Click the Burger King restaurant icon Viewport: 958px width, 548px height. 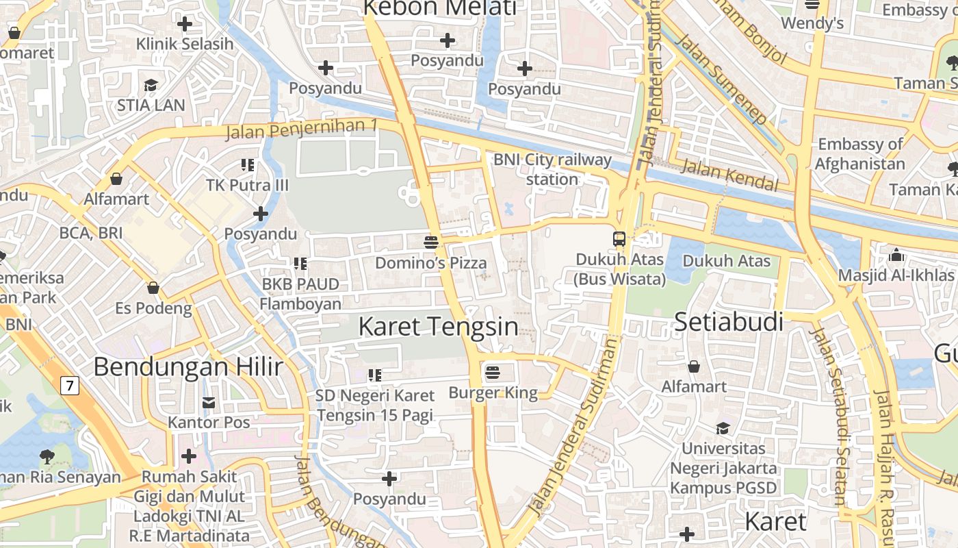click(492, 373)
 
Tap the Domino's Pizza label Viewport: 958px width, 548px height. click(430, 262)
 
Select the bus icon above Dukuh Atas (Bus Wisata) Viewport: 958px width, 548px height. click(619, 239)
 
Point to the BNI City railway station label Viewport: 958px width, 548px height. click(552, 169)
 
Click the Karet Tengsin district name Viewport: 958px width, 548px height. click(438, 327)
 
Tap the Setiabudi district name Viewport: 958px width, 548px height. click(729, 321)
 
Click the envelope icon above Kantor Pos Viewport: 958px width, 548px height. click(209, 402)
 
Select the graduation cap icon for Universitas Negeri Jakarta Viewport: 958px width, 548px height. click(723, 429)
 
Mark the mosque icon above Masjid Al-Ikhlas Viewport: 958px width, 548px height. click(896, 256)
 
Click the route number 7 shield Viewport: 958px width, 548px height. click(69, 385)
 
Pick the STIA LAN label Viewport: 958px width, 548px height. click(151, 105)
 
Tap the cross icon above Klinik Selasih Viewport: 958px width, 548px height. click(184, 24)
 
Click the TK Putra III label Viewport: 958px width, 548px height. click(248, 185)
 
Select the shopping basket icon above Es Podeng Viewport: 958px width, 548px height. click(153, 288)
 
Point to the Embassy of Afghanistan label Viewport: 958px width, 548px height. click(861, 154)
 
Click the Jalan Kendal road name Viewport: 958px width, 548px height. click(731, 176)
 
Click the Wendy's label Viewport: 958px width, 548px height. click(812, 23)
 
